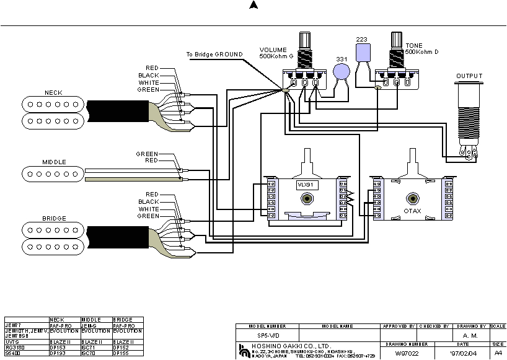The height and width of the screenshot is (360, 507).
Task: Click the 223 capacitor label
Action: (x=361, y=39)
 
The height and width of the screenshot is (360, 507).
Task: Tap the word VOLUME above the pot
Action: (x=273, y=50)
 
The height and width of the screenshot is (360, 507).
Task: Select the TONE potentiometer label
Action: (x=414, y=46)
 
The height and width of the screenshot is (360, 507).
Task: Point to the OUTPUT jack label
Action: (x=469, y=76)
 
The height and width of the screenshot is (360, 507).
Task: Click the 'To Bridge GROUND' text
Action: (x=214, y=55)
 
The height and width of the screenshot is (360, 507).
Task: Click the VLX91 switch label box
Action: (x=306, y=185)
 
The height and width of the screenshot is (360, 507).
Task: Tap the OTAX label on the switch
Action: (x=412, y=211)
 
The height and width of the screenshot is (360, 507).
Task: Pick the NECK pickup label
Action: (x=53, y=92)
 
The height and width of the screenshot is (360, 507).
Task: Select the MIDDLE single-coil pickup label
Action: (x=54, y=162)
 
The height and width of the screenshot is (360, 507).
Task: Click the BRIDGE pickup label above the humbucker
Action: (x=54, y=218)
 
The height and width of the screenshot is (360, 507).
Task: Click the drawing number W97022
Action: (x=407, y=353)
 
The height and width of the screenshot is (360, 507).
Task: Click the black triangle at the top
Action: (x=253, y=6)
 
